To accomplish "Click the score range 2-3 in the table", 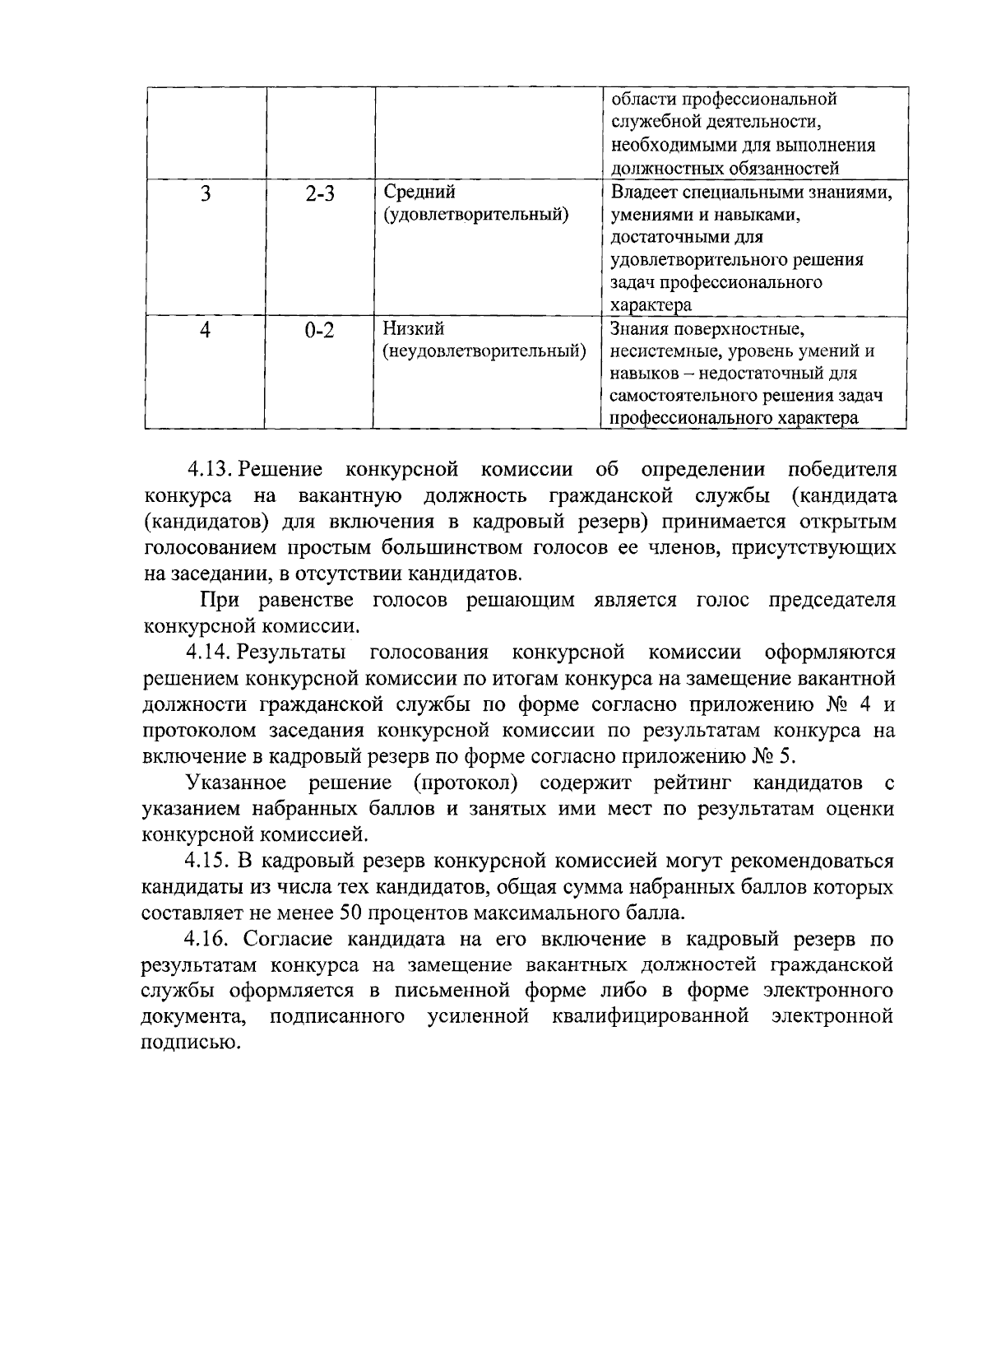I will [x=319, y=196].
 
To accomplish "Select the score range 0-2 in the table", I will [x=319, y=332].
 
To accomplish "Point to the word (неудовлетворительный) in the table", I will [x=484, y=352].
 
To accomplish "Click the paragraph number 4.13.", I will [x=211, y=471].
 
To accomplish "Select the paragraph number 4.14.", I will [x=211, y=653].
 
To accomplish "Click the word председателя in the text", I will [x=832, y=602].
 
